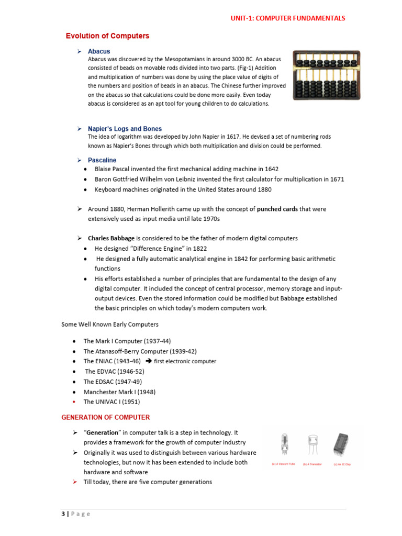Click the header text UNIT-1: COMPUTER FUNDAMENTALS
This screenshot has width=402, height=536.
[x=288, y=18]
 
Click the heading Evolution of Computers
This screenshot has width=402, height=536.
[x=107, y=36]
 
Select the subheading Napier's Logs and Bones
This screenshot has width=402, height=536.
[x=125, y=129]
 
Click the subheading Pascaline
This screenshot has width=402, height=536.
[x=102, y=160]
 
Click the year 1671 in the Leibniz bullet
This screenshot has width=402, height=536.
[x=337, y=179]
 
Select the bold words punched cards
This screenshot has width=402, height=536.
[x=277, y=209]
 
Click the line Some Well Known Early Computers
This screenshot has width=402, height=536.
[x=110, y=325]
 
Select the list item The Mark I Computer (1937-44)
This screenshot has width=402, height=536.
[x=127, y=341]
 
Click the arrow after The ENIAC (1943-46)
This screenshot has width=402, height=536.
[x=148, y=361]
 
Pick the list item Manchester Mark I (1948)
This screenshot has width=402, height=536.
[x=119, y=392]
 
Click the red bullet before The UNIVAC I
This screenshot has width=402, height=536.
[x=75, y=402]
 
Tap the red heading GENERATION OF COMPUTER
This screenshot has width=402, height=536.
[x=106, y=417]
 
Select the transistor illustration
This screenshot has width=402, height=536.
[x=312, y=445]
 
